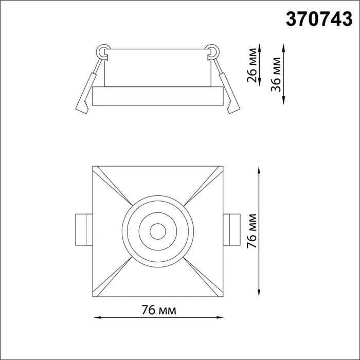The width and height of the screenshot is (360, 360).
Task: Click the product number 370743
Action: pos(319,19)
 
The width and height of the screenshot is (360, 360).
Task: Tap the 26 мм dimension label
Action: pos(252,65)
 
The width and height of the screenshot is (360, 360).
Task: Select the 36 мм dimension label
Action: pos(276,75)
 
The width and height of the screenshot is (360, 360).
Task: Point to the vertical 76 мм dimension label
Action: pos(251,231)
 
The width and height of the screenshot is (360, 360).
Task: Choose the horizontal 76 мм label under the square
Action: pos(159,310)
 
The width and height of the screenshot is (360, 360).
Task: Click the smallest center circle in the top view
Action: pos(158,231)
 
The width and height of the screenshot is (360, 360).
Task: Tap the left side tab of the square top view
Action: pos(84,229)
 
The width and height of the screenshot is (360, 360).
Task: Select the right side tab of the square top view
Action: pos(231,229)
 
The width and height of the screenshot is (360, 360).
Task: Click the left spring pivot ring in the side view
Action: pos(103,51)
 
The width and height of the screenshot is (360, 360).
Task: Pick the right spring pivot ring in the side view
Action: pos(212,51)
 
